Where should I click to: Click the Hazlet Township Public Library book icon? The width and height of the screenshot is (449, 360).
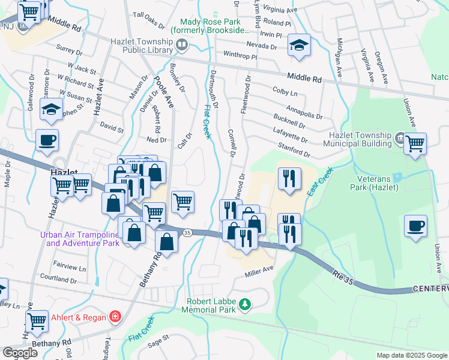(181, 45)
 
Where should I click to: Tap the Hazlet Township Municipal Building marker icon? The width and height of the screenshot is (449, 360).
(399, 139)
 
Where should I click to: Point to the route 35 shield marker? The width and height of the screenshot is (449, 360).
(187, 232)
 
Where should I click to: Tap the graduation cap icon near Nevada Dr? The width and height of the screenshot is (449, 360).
(298, 46)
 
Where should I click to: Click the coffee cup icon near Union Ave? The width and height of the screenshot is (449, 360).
(415, 226)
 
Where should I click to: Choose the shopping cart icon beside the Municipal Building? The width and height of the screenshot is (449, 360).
(415, 144)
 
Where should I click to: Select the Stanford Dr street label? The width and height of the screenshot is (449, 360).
(294, 150)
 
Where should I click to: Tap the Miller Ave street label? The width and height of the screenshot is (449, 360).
(259, 272)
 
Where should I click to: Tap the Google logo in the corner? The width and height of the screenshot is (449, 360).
(19, 353)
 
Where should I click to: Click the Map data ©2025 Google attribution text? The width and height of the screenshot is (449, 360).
(412, 355)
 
